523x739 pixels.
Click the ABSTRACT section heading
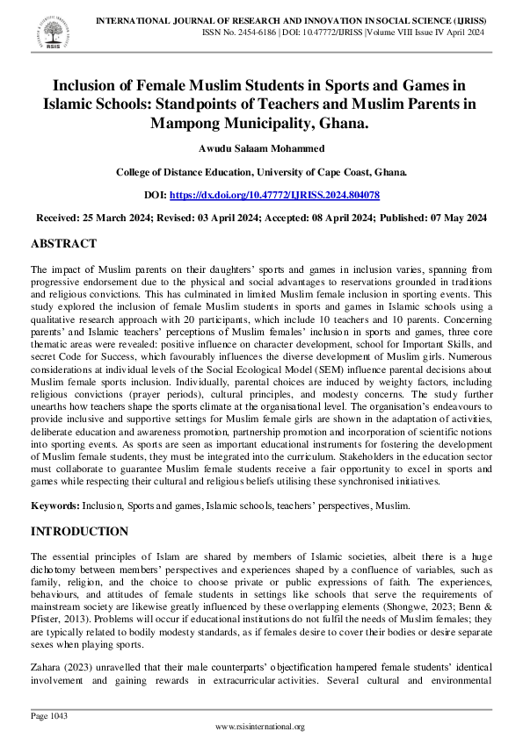63,243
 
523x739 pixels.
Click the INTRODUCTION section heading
79,531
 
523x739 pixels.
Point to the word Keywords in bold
54,507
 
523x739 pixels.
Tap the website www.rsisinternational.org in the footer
260,727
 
